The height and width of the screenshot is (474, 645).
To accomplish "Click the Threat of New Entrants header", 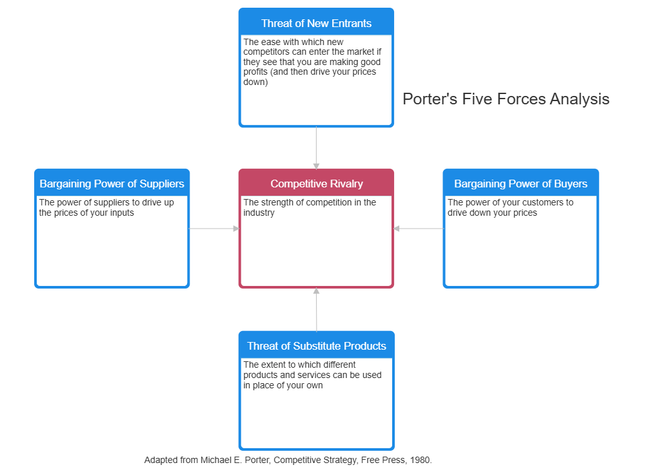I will (x=316, y=23).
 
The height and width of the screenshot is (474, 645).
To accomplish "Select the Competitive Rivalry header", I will (x=316, y=184).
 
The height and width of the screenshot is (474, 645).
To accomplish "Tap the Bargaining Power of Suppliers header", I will (x=112, y=184).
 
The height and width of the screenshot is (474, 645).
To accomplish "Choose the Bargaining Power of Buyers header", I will (x=521, y=184).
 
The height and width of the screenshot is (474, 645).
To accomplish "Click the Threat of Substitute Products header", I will (x=316, y=346).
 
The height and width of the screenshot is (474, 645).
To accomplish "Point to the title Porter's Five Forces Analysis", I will (x=506, y=99).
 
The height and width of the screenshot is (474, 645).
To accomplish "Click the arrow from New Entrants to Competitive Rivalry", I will (x=316, y=147).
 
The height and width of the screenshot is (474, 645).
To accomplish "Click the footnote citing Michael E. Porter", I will (x=288, y=460).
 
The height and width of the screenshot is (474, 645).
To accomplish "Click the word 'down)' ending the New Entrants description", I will (x=255, y=82).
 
